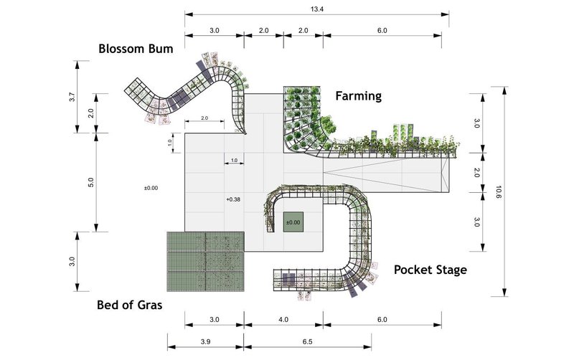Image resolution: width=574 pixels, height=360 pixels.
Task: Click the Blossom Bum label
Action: [136, 49]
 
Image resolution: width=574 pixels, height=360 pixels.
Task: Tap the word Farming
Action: [358, 96]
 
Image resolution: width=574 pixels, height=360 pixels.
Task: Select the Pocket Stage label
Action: [430, 270]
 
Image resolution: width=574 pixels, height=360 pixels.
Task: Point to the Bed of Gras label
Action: [130, 305]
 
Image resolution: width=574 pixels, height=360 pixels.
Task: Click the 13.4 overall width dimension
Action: [317, 9]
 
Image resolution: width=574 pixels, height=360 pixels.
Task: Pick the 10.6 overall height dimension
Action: [498, 191]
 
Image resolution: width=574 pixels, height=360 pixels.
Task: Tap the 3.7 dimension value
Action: [72, 98]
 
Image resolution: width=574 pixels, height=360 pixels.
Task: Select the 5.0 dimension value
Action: [91, 182]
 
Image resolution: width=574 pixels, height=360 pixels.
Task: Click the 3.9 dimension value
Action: [205, 341]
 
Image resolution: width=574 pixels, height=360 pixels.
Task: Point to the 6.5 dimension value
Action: [308, 341]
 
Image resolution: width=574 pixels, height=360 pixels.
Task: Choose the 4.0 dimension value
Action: [283, 319]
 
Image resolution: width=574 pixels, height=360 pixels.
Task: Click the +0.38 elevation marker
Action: [233, 199]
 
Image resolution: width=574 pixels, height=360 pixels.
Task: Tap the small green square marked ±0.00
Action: [293, 222]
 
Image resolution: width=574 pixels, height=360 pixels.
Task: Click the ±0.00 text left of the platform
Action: [151, 188]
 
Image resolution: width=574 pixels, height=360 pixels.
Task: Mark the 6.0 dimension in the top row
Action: [382, 30]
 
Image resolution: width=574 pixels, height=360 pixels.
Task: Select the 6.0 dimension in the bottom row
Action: [382, 319]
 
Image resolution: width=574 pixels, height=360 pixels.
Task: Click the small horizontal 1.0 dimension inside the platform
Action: [235, 160]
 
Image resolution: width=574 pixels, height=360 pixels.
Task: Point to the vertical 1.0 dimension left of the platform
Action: [169, 143]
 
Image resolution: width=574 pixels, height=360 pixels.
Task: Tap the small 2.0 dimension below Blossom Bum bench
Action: [204, 118]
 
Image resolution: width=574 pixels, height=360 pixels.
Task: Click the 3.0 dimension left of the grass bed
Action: [72, 261]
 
